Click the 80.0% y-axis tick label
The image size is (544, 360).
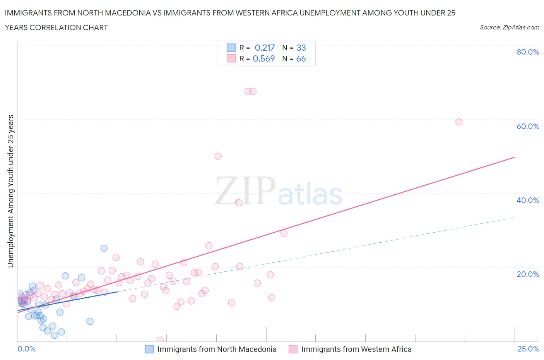pyautogui.click(x=528, y=52)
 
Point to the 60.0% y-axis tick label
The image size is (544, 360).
pyautogui.click(x=528, y=126)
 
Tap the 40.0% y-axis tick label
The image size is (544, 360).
pyautogui.click(x=528, y=200)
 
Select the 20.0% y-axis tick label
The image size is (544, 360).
pyautogui.click(x=528, y=274)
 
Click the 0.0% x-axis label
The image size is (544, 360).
pyautogui.click(x=26, y=349)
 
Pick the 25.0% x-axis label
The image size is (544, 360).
pyautogui.click(x=528, y=349)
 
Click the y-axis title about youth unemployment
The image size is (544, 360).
pyautogui.click(x=11, y=191)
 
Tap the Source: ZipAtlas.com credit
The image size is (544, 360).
pyautogui.click(x=509, y=27)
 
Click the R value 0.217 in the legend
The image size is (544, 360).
pyautogui.click(x=265, y=48)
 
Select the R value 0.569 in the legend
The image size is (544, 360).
pyautogui.click(x=263, y=58)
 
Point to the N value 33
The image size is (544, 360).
pyautogui.click(x=301, y=48)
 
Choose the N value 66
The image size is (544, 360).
pyautogui.click(x=301, y=58)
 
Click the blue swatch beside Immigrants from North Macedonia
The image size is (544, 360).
pyautogui.click(x=149, y=349)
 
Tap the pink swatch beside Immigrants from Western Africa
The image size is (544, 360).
pyautogui.click(x=293, y=349)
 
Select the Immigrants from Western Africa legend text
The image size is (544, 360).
pyautogui.click(x=356, y=349)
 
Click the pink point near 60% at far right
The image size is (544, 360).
pyautogui.click(x=459, y=122)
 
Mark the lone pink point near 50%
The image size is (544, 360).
pyautogui.click(x=218, y=156)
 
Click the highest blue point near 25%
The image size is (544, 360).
pyautogui.click(x=104, y=248)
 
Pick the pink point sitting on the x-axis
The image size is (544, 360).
pyautogui.click(x=160, y=340)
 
